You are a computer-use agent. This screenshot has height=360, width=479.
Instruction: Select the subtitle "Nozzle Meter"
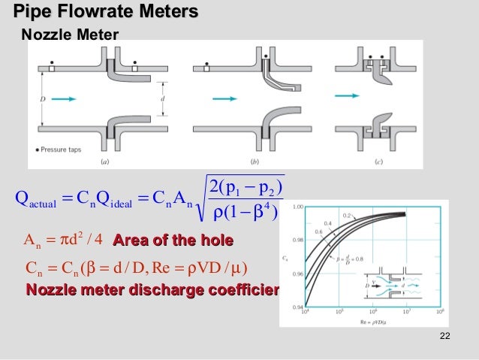pyautogui.click(x=68, y=34)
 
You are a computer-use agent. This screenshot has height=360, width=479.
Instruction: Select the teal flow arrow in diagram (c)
pyautogui.click(x=345, y=95)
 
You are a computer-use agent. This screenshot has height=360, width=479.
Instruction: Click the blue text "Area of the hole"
pyautogui.click(x=172, y=241)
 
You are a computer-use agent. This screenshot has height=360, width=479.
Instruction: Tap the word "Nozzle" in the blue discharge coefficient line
pyautogui.click(x=54, y=290)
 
